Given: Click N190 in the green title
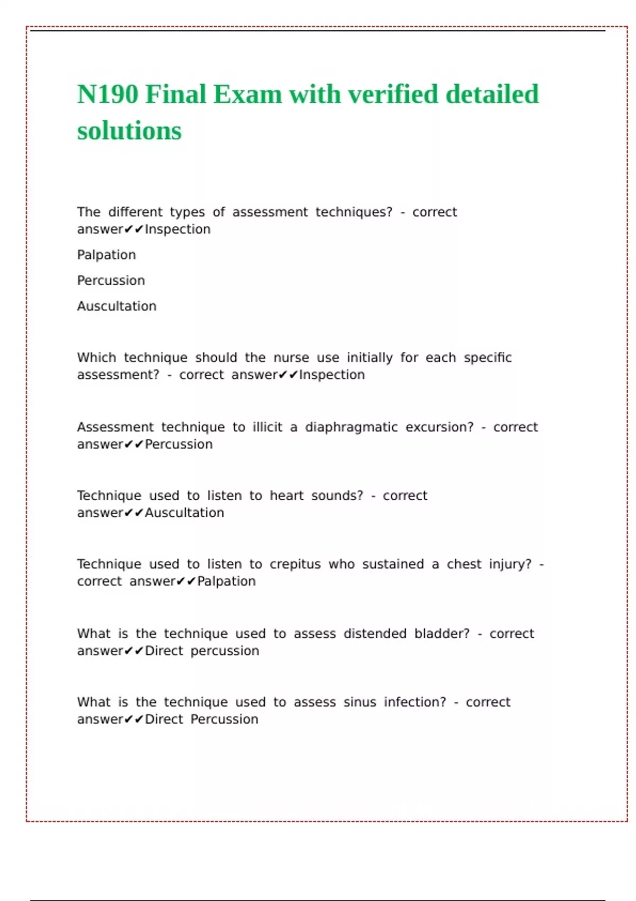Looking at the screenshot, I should tap(108, 95).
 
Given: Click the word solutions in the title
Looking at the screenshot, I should tap(129, 131).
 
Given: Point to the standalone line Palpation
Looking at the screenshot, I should tap(107, 255).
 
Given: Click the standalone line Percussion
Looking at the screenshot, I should tap(111, 280).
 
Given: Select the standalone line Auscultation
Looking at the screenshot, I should tap(117, 306).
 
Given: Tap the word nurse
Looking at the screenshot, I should tap(291, 358).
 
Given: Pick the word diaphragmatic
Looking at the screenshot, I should tap(351, 427).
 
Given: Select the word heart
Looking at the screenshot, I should tap(286, 496).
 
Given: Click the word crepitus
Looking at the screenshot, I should tap(295, 564).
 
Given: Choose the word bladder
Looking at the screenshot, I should tap(441, 633).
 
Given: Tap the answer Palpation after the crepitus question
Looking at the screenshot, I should tap(226, 581).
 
